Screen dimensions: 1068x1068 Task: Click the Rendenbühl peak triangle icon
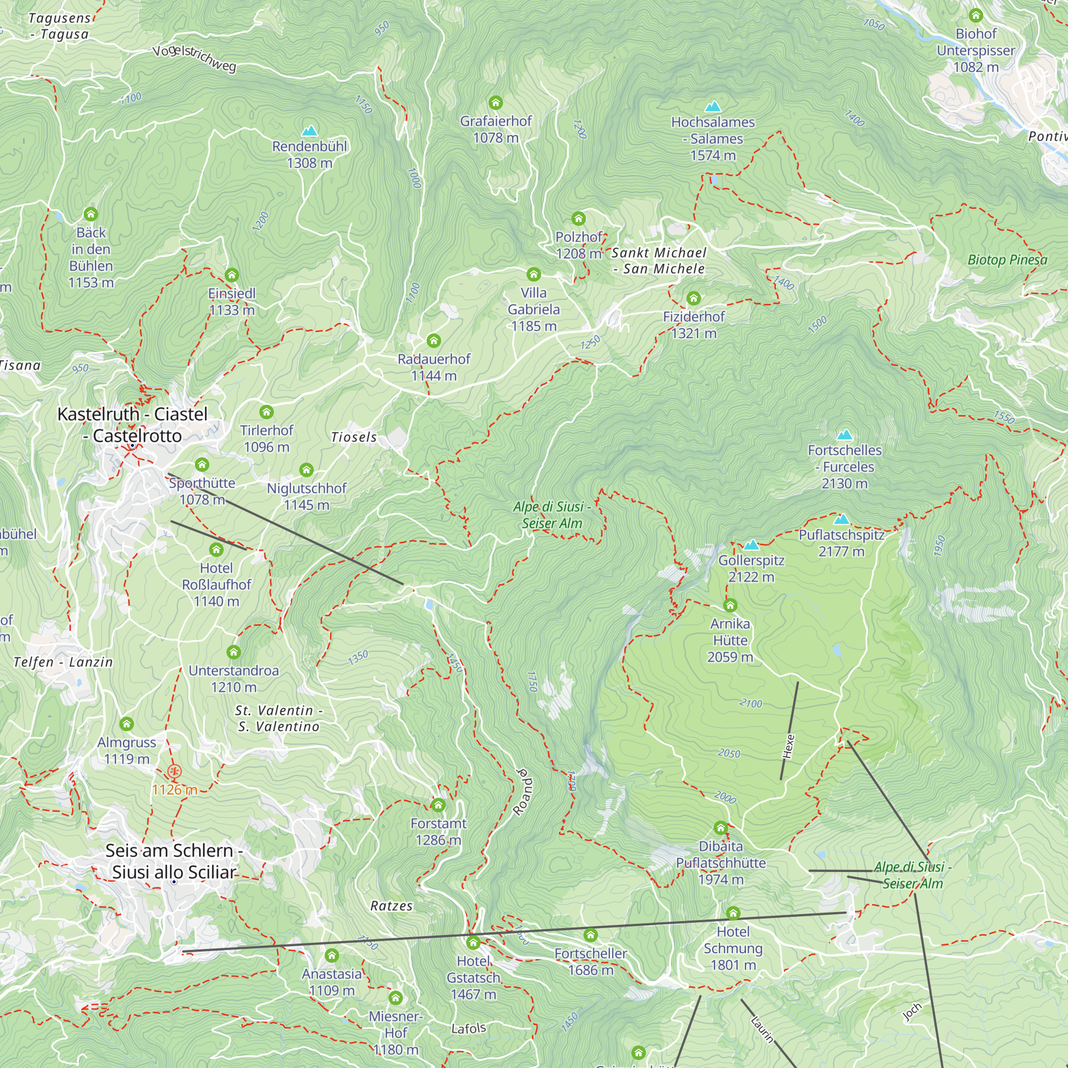[x=310, y=131]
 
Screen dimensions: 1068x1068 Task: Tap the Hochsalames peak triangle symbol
[x=713, y=107]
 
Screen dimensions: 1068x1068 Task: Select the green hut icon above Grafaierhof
[x=496, y=103]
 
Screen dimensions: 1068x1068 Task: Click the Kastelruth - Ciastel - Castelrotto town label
[x=132, y=425]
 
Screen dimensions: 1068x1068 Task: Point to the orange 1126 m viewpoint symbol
[x=174, y=772]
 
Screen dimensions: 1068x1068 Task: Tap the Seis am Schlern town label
[x=174, y=861]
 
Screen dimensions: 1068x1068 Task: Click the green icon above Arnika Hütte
[x=730, y=606]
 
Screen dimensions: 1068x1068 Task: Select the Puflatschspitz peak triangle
[x=842, y=519]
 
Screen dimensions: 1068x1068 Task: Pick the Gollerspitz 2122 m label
[x=751, y=568]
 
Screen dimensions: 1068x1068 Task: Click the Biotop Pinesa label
[x=1007, y=260]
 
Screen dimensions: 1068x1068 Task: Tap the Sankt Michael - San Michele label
[x=659, y=261]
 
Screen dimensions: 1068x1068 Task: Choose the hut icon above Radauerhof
[x=434, y=341]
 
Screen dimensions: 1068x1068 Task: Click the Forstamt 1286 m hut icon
[x=438, y=804]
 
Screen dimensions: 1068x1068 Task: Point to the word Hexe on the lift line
[x=789, y=747]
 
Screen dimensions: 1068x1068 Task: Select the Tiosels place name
[x=354, y=437]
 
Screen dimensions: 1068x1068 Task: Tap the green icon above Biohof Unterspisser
[x=976, y=15]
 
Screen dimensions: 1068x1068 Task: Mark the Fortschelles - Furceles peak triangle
[x=845, y=435]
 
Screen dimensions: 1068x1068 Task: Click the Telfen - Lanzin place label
[x=63, y=662]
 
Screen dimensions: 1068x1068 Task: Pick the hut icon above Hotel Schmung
[x=733, y=913]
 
